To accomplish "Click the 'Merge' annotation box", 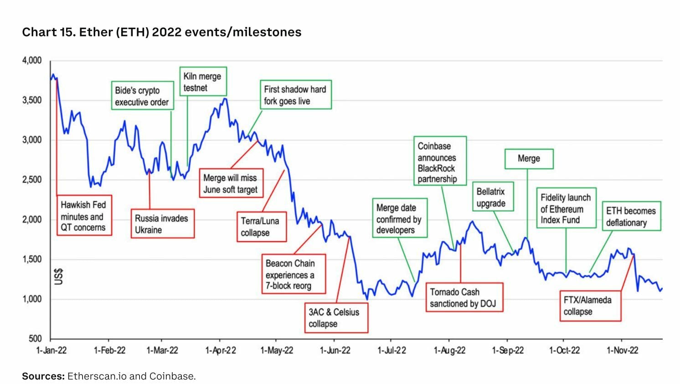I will pyautogui.click(x=529, y=159).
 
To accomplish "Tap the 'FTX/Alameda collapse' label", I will pyautogui.click(x=590, y=306).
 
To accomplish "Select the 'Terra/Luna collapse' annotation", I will pyautogui.click(x=261, y=227).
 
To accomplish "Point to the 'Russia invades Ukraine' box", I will pyautogui.click(x=162, y=224).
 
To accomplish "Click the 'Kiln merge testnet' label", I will pyautogui.click(x=202, y=82).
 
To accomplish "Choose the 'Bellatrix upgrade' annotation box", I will pyautogui.click(x=492, y=197).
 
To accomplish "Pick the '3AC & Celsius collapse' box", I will pyautogui.click(x=336, y=318).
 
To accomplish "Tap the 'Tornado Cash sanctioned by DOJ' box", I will pyautogui.click(x=464, y=298).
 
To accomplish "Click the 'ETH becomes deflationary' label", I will pyautogui.click(x=631, y=217).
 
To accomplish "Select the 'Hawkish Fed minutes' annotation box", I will pyautogui.click(x=84, y=216).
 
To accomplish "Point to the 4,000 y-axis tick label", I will pyautogui.click(x=31, y=61).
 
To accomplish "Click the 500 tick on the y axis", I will pyautogui.click(x=35, y=339).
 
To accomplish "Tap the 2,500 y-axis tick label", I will pyautogui.click(x=31, y=180).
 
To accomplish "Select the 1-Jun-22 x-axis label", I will pyautogui.click(x=335, y=351).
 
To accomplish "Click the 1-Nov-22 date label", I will pyautogui.click(x=622, y=351).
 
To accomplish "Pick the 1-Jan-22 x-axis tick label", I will pyautogui.click(x=51, y=351).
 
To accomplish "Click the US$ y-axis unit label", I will pyautogui.click(x=59, y=276).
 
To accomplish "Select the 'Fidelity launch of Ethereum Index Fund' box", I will pyautogui.click(x=566, y=208).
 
